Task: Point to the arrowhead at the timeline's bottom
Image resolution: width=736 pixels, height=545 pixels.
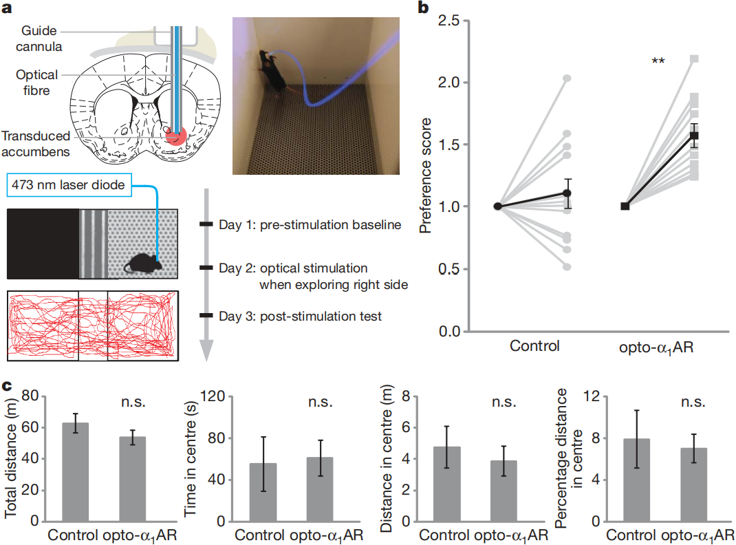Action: coord(206,352)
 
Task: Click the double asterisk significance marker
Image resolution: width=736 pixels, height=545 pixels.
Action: coord(658,62)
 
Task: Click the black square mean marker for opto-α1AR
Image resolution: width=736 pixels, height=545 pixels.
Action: coord(695,135)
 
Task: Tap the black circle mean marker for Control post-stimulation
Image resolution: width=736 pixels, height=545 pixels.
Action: coord(567,194)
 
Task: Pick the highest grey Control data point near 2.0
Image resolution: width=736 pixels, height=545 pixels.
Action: coord(567,78)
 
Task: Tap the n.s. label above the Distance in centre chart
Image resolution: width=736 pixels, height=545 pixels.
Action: coord(510,403)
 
